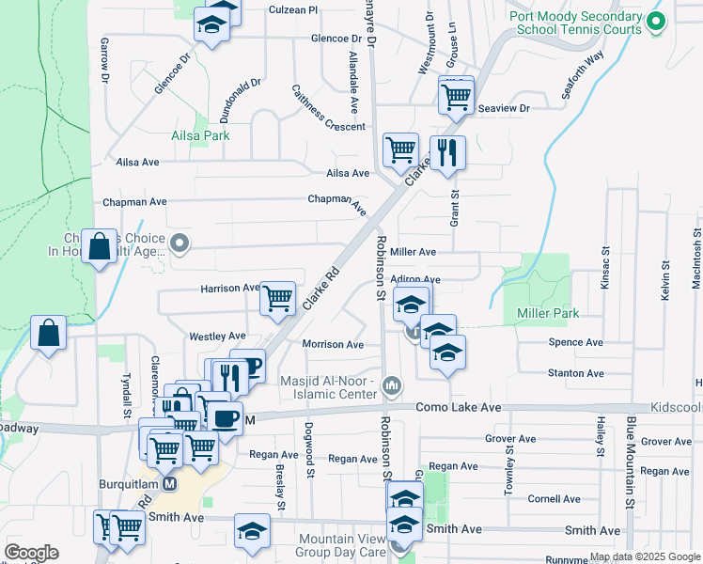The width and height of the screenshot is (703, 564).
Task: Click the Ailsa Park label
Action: point(200,135)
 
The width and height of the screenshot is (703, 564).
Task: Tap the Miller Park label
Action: point(541,312)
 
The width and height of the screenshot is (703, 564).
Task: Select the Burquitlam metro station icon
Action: point(170,483)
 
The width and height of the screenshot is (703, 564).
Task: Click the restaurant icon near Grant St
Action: point(447,153)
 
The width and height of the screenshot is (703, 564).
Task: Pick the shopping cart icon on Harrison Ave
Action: point(277,299)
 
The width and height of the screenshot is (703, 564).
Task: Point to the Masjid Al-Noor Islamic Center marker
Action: point(393,385)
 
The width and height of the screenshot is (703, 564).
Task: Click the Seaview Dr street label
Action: point(504,109)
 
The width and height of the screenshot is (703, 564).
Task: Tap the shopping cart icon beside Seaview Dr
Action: point(456,96)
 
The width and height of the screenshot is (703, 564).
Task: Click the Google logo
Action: point(32,553)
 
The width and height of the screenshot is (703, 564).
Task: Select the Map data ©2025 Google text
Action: point(643,556)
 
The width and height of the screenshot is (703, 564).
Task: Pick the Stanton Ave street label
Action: point(575,373)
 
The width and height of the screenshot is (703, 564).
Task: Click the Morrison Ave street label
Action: point(333,344)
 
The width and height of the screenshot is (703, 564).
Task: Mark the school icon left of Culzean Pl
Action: point(212,25)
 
